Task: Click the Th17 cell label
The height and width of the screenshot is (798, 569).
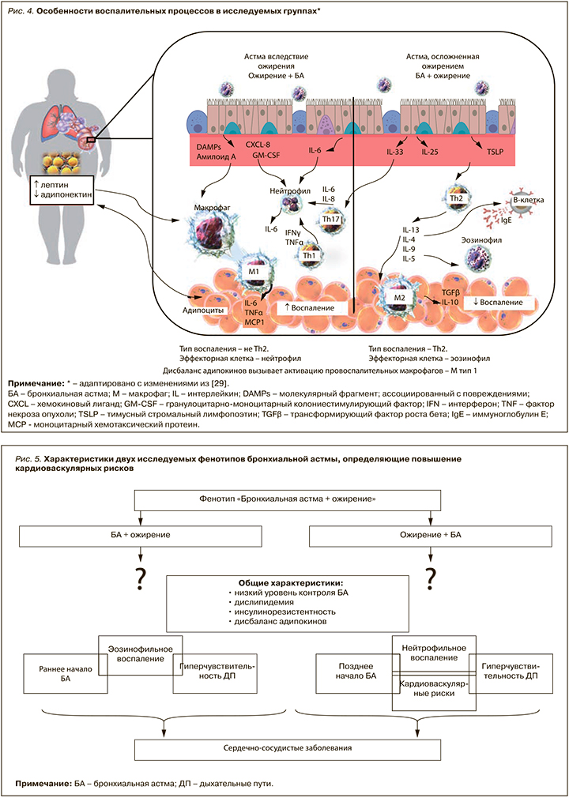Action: (x=332, y=219)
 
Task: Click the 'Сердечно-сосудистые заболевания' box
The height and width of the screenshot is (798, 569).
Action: (x=288, y=747)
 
